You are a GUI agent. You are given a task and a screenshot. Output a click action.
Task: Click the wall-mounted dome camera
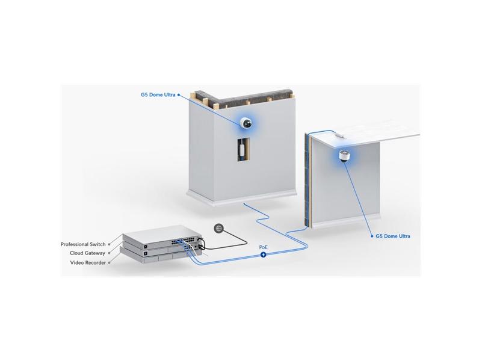click(247, 123)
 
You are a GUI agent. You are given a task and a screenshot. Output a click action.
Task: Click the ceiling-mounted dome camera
click(344, 155)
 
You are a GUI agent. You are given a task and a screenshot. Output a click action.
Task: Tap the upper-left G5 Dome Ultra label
click(158, 94)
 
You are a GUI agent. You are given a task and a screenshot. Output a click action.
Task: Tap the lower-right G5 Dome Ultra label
click(393, 236)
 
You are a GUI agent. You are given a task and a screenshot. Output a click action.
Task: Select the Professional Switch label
click(83, 244)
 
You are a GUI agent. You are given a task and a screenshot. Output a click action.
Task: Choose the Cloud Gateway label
click(87, 253)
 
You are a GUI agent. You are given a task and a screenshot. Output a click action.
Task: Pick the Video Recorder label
click(88, 263)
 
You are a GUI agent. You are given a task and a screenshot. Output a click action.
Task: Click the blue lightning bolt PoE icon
click(264, 255)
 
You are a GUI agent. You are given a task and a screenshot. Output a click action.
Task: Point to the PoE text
click(264, 247)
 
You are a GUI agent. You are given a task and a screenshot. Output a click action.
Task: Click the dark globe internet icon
click(219, 228)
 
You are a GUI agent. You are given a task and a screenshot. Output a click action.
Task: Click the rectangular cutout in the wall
click(243, 149)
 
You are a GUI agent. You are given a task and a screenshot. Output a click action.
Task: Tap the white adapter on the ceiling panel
click(339, 135)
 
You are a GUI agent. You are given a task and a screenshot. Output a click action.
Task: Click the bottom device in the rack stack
click(160, 258)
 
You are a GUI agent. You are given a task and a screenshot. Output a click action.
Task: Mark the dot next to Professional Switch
click(109, 244)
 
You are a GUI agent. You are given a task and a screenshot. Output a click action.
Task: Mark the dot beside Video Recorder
click(109, 263)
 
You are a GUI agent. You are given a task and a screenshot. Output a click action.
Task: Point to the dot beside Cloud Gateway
click(109, 253)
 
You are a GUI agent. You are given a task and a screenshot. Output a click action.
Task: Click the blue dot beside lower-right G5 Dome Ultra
click(372, 236)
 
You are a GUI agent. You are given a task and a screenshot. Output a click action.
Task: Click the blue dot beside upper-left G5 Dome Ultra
click(179, 94)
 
